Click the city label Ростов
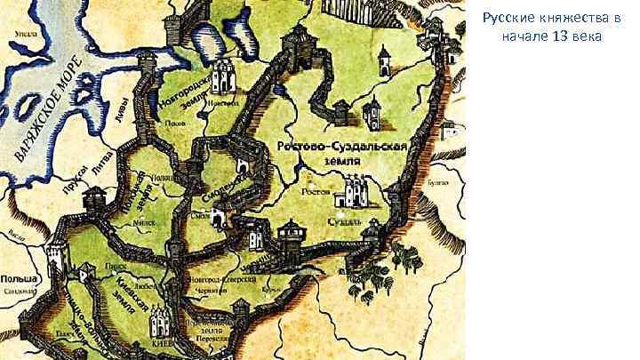[316, 190]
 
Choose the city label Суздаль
[343, 220]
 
